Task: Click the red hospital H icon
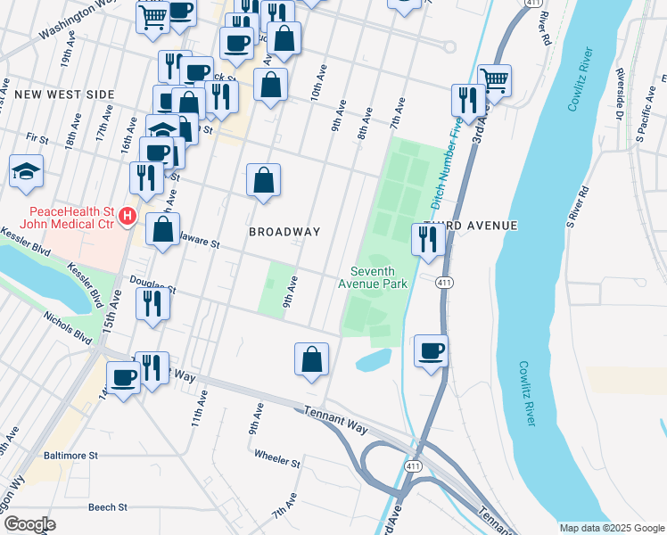coord(128,217)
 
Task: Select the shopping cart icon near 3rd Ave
coord(493,79)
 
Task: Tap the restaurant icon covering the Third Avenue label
coord(427,239)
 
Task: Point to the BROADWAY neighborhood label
coord(284,232)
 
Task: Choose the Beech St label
coord(108,506)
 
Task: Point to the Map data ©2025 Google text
coord(611,528)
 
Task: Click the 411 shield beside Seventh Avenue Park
coord(443,283)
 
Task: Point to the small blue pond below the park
coord(373,359)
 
